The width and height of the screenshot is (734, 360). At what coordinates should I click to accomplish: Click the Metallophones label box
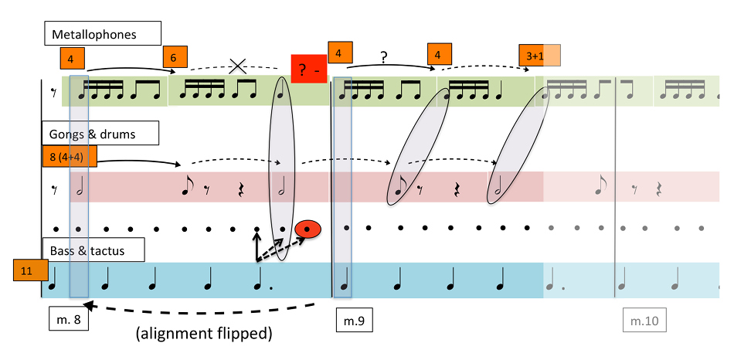(x=101, y=34)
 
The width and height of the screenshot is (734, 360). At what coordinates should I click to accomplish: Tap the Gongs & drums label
(x=100, y=134)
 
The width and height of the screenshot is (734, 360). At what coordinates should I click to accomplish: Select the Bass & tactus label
(x=87, y=251)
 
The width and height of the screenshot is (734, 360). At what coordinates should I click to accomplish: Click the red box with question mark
(x=309, y=70)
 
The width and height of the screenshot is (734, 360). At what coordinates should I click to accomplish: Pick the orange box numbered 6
(x=175, y=58)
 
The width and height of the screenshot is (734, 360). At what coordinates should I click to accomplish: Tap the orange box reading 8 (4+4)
(x=70, y=158)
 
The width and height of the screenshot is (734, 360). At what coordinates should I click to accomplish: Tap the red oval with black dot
(x=308, y=228)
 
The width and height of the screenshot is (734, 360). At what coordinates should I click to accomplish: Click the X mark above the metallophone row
(x=238, y=66)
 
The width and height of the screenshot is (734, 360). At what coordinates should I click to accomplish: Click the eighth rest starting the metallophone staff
(x=54, y=92)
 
